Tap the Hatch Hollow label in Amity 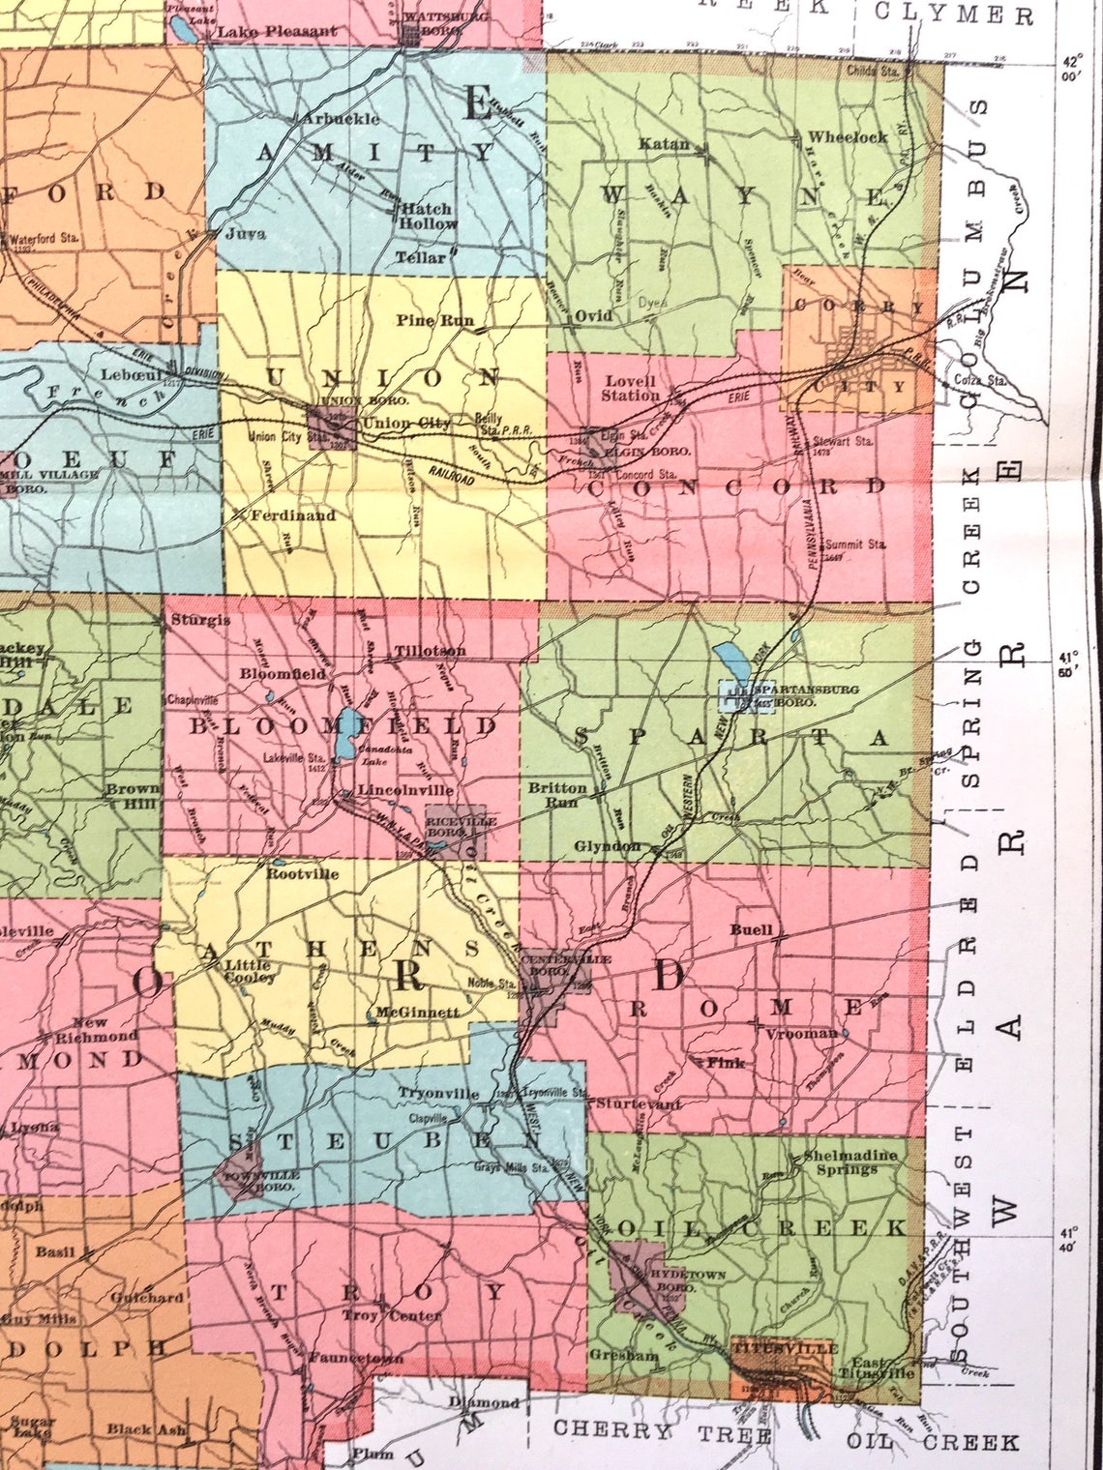point(427,216)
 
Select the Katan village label point(664,144)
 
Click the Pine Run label point(429,320)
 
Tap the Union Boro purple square point(330,427)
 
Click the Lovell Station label point(630,388)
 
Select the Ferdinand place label point(292,515)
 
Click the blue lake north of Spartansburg point(730,661)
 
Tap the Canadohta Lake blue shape point(344,735)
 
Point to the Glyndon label point(607,845)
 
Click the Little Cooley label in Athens point(251,970)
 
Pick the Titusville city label point(783,1347)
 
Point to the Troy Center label point(391,1314)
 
